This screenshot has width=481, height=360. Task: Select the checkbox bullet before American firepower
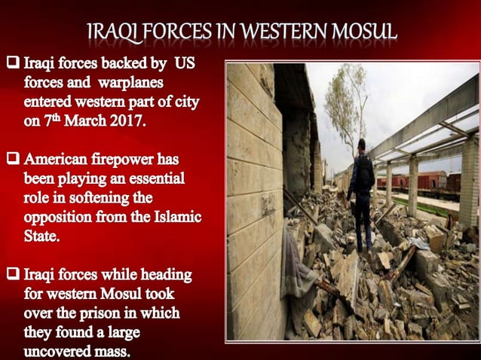click(x=13, y=160)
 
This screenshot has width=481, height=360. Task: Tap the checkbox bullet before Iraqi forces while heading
click(x=13, y=274)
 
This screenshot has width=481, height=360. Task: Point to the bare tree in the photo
click(x=348, y=105)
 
